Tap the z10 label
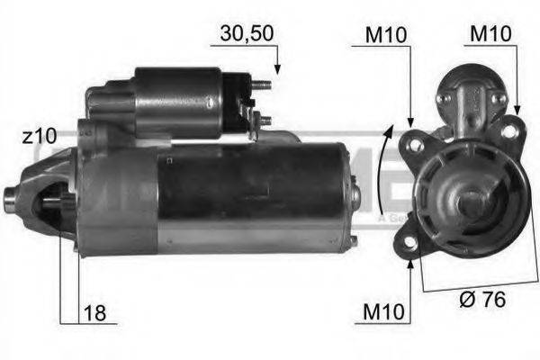pyautogui.click(x=40, y=136)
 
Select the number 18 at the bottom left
pyautogui.click(x=94, y=313)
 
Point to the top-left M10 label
pyautogui.click(x=384, y=36)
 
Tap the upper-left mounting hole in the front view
pyautogui.click(x=417, y=142)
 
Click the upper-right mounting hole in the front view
pyautogui.click(x=508, y=131)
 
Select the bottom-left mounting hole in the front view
pyautogui.click(x=409, y=243)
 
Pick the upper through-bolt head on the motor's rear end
pyautogui.click(x=355, y=191)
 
